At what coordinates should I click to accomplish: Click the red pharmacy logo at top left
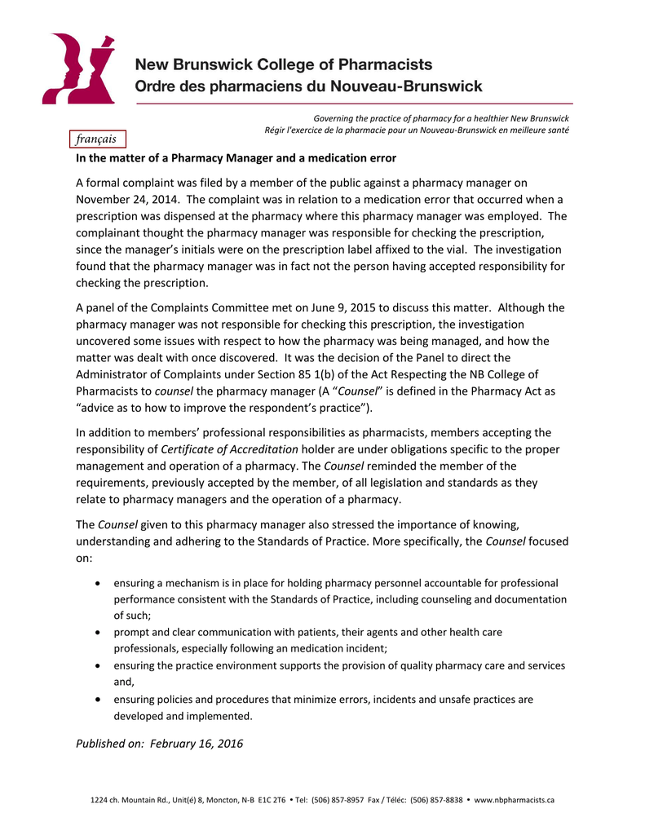tap(78, 68)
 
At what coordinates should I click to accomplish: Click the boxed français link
tap(98, 139)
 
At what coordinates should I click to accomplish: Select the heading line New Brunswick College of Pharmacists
tap(283, 64)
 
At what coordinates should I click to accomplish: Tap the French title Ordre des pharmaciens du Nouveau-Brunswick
tap(308, 86)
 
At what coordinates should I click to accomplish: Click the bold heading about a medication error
tap(236, 157)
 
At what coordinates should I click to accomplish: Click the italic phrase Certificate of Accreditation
tap(231, 449)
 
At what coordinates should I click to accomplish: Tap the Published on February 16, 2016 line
tap(159, 744)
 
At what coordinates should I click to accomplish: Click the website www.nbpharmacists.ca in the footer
tap(514, 800)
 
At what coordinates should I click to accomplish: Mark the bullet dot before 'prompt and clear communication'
tap(99, 632)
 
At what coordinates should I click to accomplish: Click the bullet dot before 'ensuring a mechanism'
tap(99, 584)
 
